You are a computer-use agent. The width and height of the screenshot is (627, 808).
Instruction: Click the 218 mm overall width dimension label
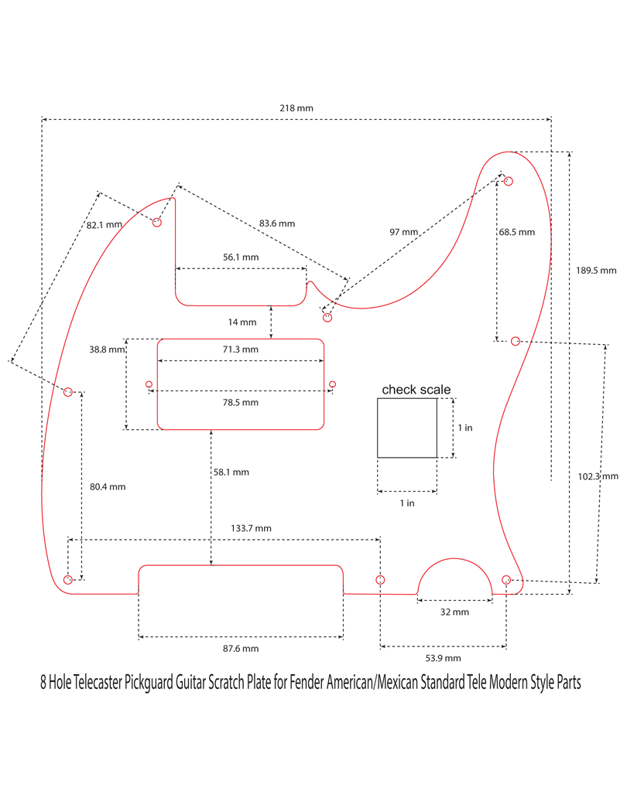coord(296,108)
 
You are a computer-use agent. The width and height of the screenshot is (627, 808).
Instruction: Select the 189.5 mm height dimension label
coord(596,271)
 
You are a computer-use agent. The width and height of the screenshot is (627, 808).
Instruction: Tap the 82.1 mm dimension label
coord(104,225)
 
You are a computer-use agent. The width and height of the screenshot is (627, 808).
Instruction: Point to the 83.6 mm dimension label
coord(277,223)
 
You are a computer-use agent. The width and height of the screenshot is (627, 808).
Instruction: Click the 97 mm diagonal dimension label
coord(403,232)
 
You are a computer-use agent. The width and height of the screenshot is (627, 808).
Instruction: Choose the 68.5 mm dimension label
coord(517,232)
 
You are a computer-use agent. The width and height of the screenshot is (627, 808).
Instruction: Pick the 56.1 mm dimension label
coord(240,257)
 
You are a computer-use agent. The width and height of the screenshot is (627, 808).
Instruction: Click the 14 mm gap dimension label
coord(242,322)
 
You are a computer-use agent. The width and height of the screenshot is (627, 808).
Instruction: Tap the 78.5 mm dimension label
coord(240,403)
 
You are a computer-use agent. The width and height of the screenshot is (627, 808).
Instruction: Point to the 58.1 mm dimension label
coord(231,472)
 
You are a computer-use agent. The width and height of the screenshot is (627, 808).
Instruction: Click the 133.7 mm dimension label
coord(252,528)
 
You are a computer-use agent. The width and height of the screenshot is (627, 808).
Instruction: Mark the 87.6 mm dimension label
coord(240,649)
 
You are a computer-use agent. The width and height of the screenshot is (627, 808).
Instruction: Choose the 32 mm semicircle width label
coord(454,612)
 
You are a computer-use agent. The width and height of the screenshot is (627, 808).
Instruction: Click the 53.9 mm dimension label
coord(443,658)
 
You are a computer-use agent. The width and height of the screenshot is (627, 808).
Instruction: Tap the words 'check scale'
coord(416,390)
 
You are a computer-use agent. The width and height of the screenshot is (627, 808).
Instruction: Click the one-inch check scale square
coord(406,428)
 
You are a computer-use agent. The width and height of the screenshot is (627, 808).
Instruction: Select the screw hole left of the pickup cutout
coord(149,384)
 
